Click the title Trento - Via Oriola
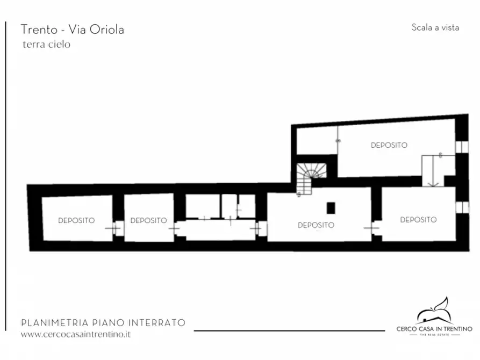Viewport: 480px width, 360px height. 72,30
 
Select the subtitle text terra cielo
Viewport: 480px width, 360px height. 46,45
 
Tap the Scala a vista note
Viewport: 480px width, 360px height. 435,27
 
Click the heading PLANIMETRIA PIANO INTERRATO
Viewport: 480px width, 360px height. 103,323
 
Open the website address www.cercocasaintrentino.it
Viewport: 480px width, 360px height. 76,334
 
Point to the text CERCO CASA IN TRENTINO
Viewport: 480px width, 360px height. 434,328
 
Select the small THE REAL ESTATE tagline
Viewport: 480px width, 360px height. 434,335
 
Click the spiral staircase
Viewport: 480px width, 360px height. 310,176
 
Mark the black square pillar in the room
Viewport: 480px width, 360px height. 331,207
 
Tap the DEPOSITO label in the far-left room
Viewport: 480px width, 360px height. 76,220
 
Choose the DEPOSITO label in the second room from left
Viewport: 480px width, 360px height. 148,220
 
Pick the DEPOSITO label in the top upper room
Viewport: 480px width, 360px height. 389,145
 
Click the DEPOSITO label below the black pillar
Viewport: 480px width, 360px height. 316,225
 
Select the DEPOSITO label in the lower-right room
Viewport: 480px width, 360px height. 418,220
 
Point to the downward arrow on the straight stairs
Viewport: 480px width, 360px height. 432,180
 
